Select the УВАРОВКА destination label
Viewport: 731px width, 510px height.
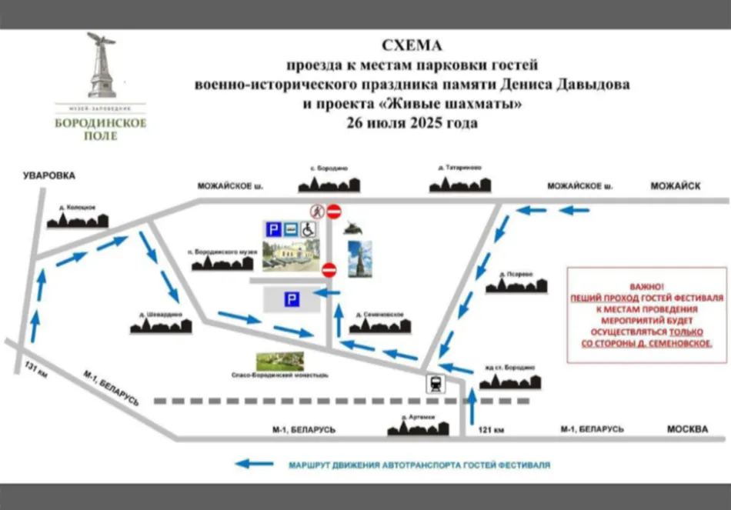49,176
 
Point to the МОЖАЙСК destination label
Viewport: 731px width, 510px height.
675,186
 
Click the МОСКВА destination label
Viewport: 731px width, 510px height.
687,429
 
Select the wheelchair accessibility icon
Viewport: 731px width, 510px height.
308,229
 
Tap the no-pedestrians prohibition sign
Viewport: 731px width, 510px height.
317,211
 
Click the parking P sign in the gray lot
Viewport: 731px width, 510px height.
292,300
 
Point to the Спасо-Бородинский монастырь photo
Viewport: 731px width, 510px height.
279,361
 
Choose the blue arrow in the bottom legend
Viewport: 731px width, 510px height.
253,464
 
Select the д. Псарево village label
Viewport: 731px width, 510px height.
516,274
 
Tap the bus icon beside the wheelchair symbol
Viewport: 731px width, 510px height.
291,229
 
